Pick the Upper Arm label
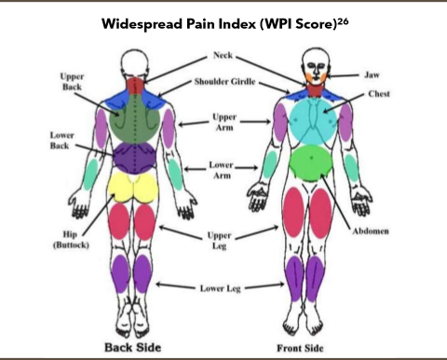[x=224, y=124]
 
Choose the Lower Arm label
[x=221, y=170]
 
